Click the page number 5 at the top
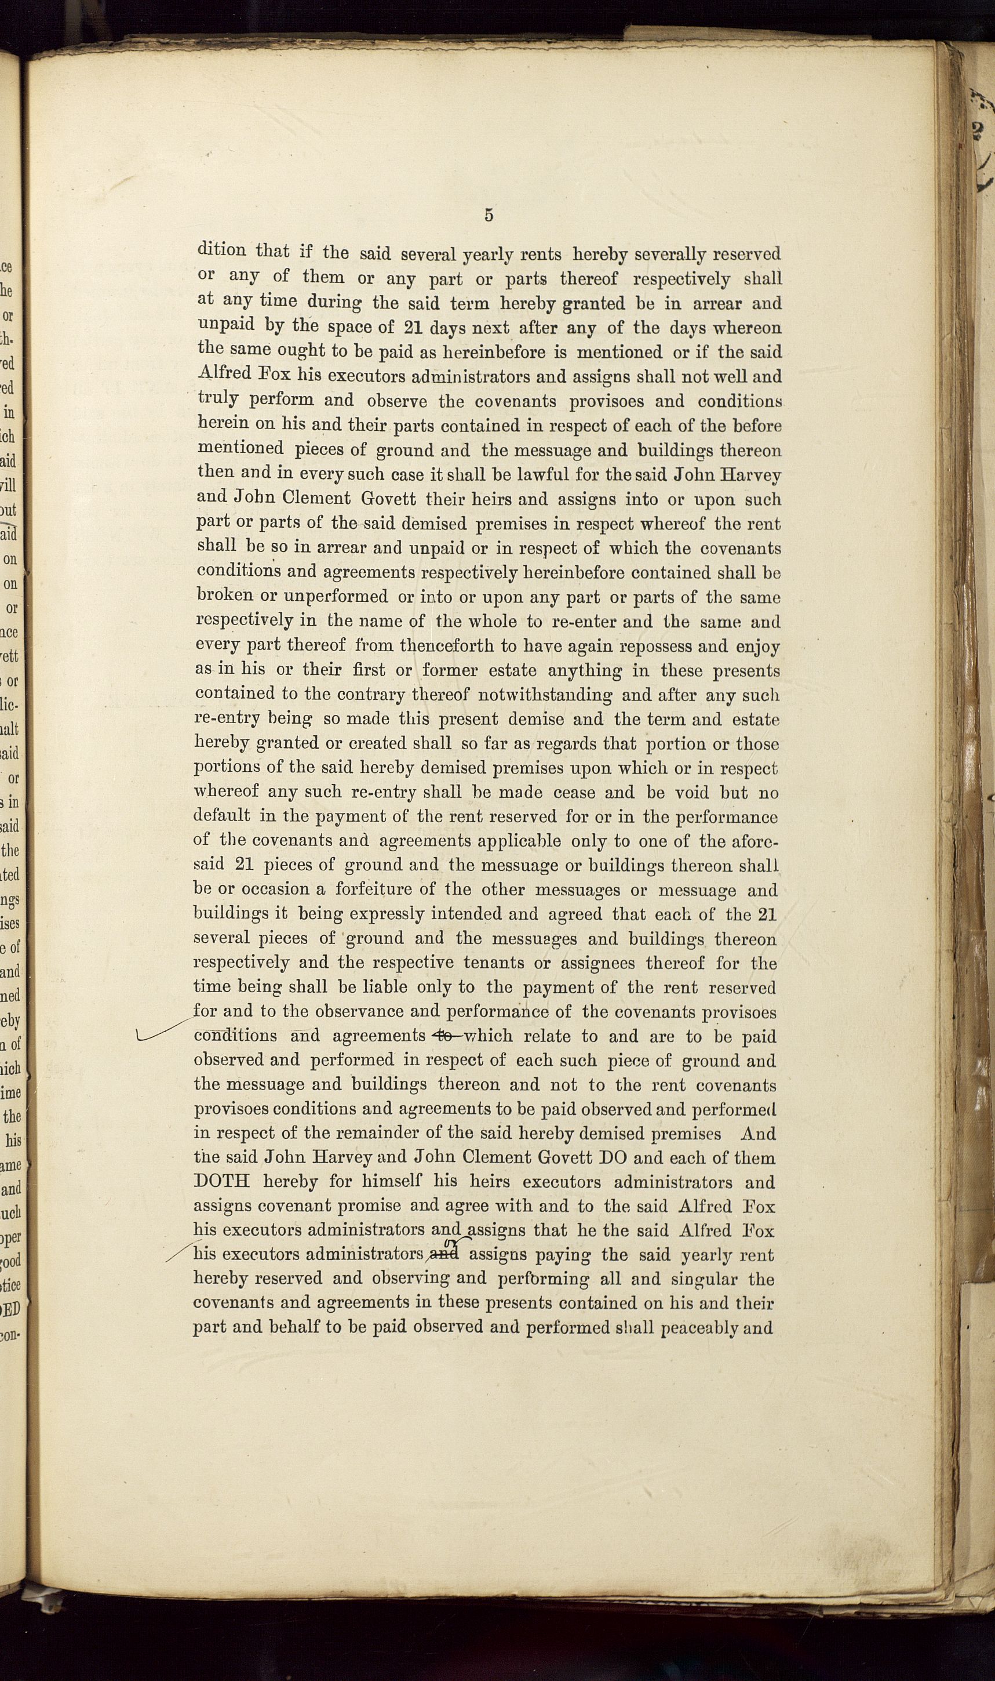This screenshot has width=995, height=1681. point(489,215)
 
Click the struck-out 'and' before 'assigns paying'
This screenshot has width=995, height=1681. point(445,1254)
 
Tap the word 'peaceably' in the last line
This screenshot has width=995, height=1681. point(699,1327)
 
